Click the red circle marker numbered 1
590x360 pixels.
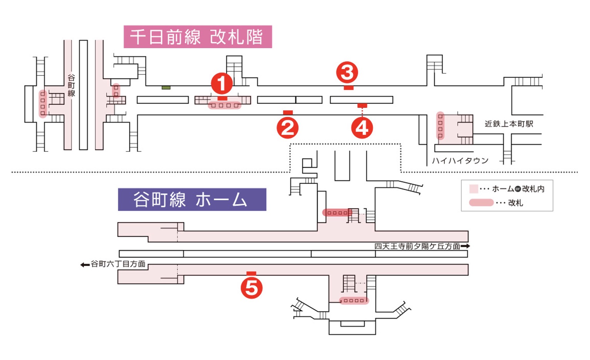point(222,83)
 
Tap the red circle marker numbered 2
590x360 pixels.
point(287,128)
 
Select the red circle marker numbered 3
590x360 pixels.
point(347,72)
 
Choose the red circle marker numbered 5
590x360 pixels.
point(251,288)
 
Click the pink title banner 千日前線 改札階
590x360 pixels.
point(198,37)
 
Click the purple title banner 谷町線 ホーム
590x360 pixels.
point(192,200)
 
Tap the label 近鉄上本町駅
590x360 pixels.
point(509,124)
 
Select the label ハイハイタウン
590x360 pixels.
point(460,161)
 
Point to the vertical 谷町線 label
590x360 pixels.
point(71,86)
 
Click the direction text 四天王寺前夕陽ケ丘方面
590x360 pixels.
point(417,246)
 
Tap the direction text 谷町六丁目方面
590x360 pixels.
point(118,264)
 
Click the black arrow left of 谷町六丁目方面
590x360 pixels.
point(85,264)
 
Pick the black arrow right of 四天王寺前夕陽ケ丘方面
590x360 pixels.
point(465,246)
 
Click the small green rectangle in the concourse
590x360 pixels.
point(166,88)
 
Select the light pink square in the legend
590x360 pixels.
point(473,189)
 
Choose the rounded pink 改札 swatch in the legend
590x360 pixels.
point(481,203)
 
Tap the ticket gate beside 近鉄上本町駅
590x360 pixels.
point(440,126)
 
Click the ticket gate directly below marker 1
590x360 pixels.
point(225,105)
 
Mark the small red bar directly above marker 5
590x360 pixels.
point(251,273)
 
